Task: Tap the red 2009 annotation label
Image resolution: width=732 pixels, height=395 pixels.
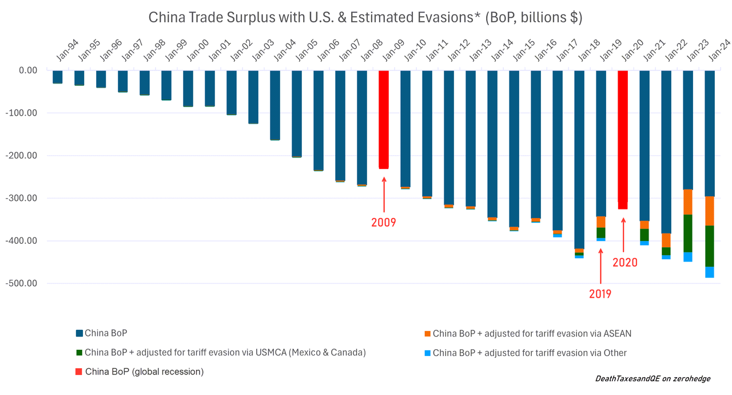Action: click(x=384, y=222)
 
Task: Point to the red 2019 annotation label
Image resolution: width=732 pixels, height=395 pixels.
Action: click(x=600, y=294)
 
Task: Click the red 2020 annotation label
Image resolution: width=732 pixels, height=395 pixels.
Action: click(x=624, y=263)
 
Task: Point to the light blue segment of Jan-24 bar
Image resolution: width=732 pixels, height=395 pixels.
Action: click(x=709, y=272)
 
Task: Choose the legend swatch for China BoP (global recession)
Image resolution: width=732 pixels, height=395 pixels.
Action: click(x=79, y=372)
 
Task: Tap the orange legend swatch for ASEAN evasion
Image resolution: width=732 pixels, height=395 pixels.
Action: click(x=427, y=334)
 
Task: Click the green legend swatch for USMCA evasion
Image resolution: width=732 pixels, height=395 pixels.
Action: click(x=79, y=353)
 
